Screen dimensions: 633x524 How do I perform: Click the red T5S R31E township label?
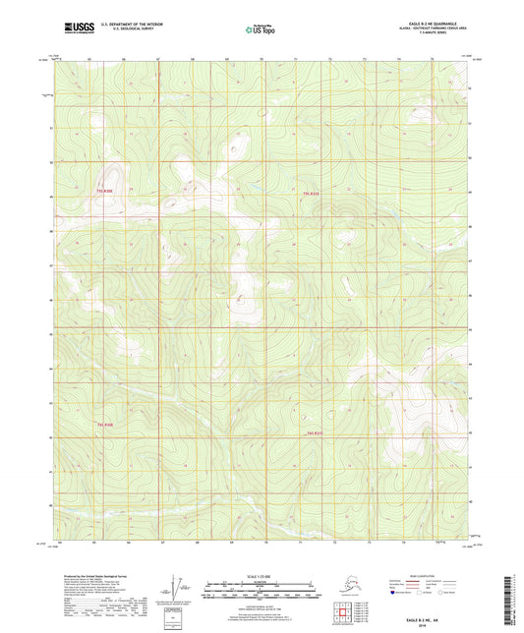click(312, 194)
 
